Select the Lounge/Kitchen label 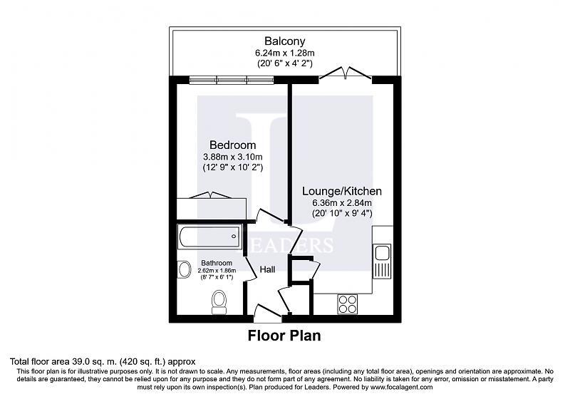(342, 191)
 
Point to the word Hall (267, 269)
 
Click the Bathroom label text (217, 263)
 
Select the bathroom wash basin (185, 270)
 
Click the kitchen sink (381, 252)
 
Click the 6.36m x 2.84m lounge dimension (342, 203)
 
